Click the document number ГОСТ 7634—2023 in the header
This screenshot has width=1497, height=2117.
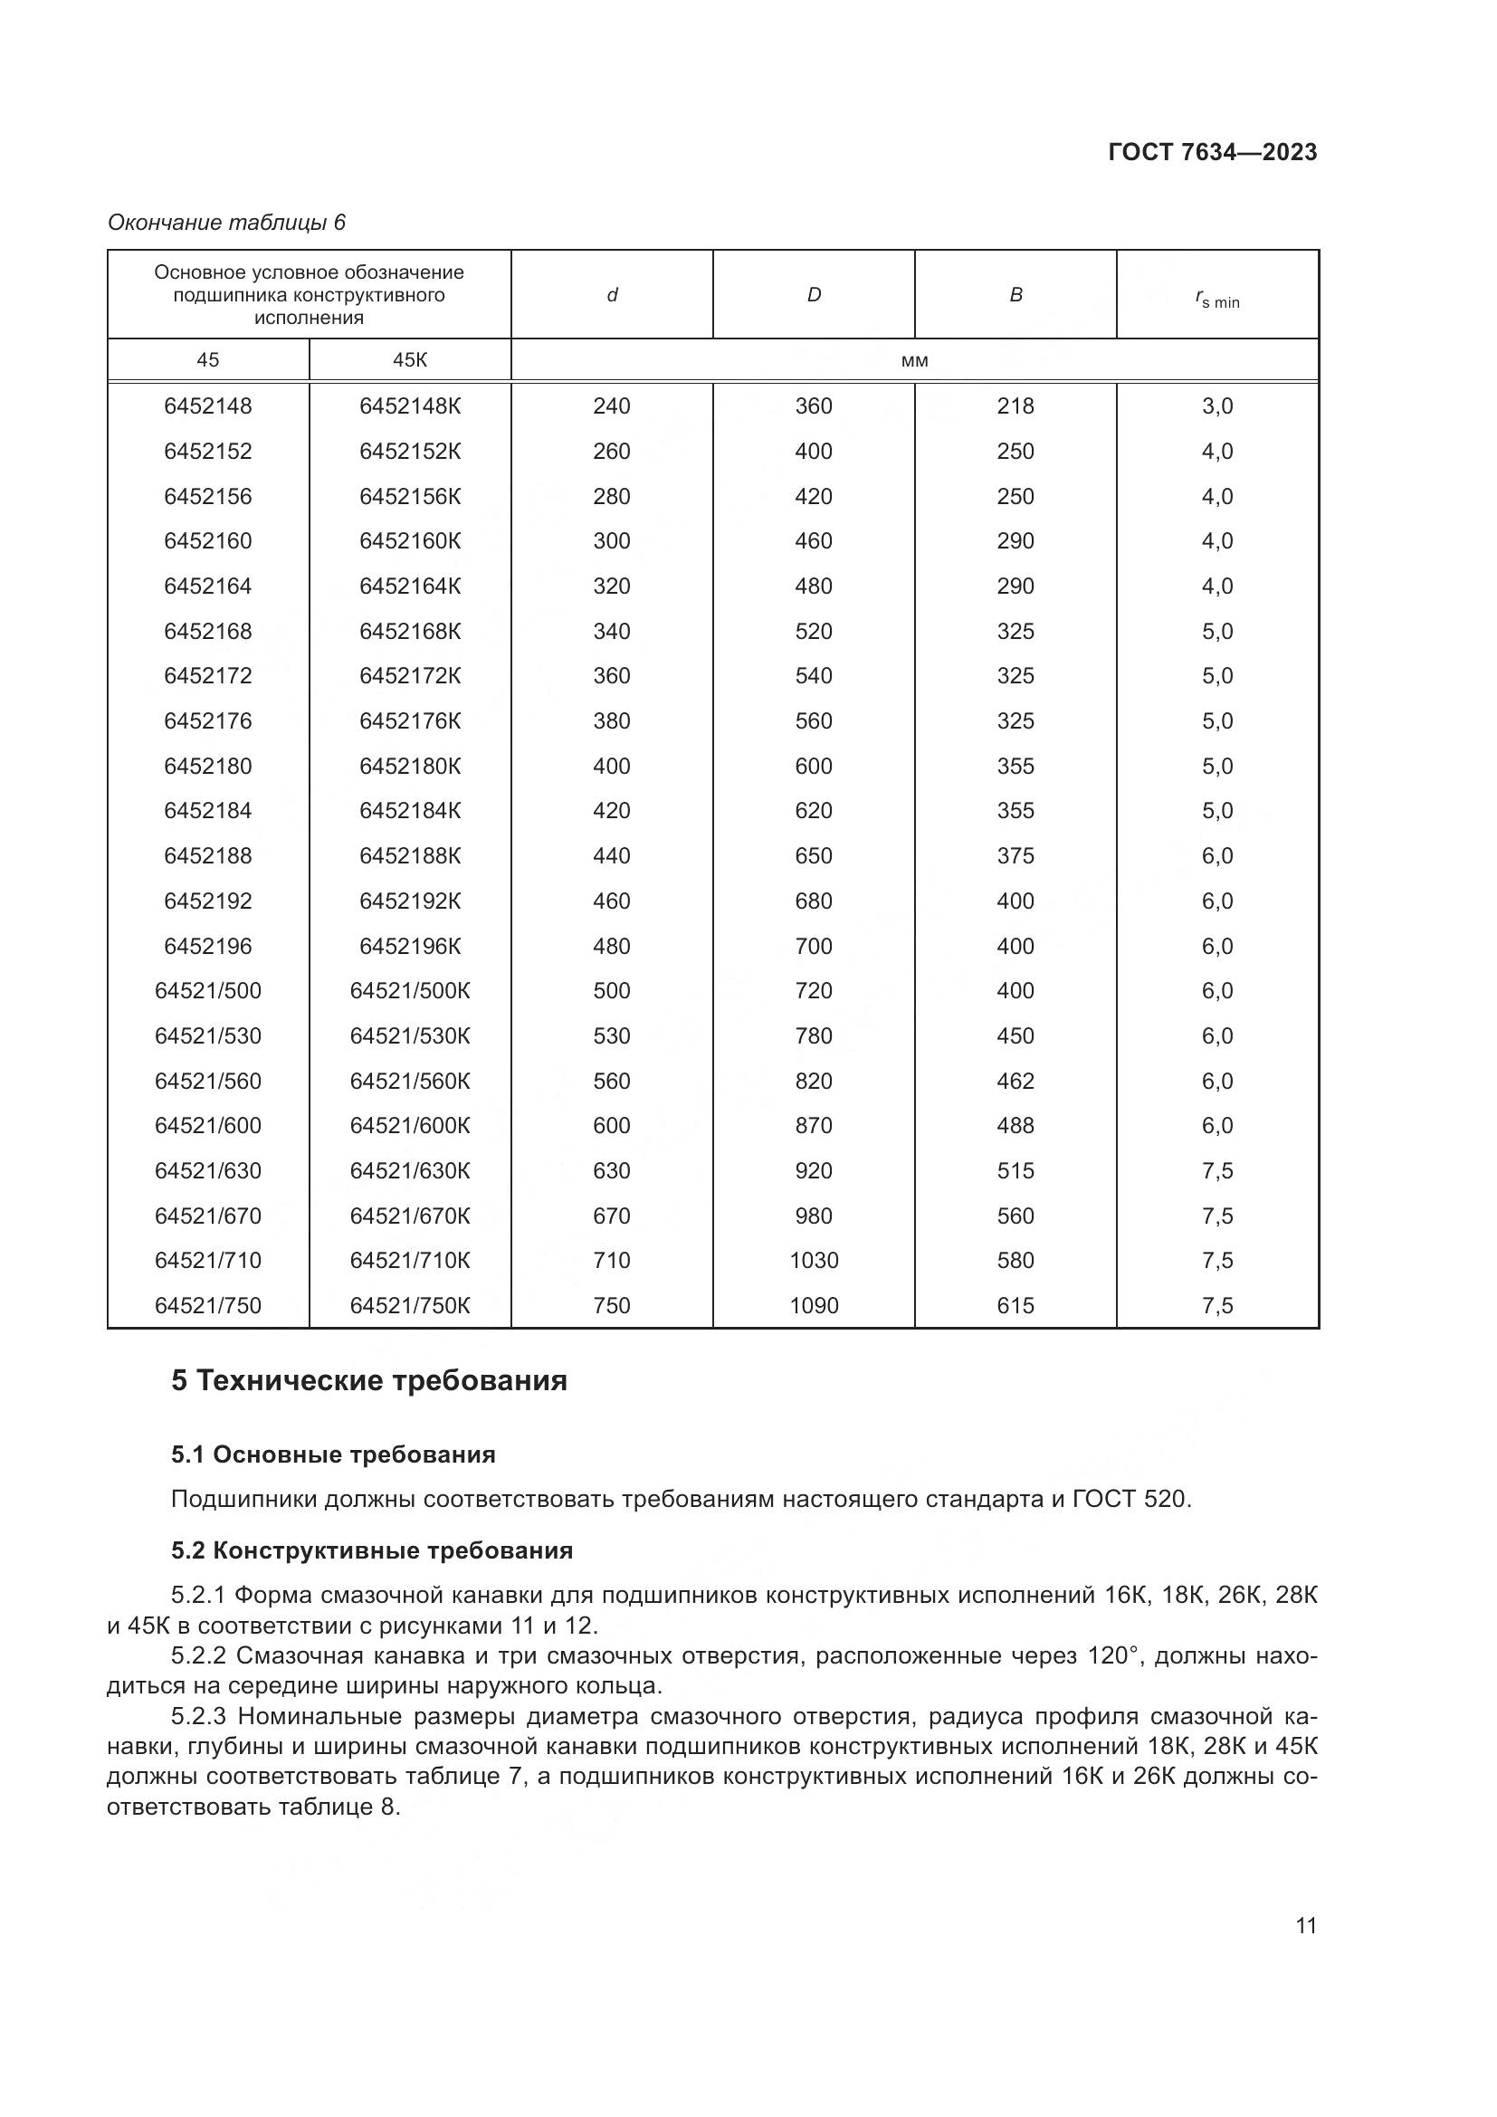click(1212, 152)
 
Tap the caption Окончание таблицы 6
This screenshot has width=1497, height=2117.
click(227, 223)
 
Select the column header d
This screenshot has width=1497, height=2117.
click(611, 295)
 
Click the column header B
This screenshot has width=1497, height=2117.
click(1015, 295)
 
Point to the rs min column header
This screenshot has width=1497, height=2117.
click(1216, 299)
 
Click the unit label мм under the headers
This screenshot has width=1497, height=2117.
click(914, 360)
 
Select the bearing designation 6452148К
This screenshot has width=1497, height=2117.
click(410, 405)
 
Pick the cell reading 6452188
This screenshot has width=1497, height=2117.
click(207, 855)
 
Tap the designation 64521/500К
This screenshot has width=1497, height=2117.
click(410, 990)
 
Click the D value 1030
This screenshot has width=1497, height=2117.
click(814, 1260)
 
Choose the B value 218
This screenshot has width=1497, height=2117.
click(1015, 405)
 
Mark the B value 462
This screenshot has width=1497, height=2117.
click(1015, 1081)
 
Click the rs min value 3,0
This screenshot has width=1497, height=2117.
click(1216, 405)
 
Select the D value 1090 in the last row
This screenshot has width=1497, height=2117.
click(814, 1305)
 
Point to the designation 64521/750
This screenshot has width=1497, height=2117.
click(207, 1305)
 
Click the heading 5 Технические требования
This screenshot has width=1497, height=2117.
click(368, 1380)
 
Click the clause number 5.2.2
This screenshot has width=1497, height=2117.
click(198, 1655)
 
